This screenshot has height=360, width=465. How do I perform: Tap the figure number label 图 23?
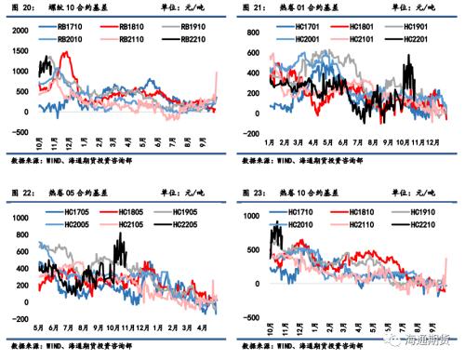251,193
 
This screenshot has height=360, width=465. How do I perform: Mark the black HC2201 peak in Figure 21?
408,59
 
